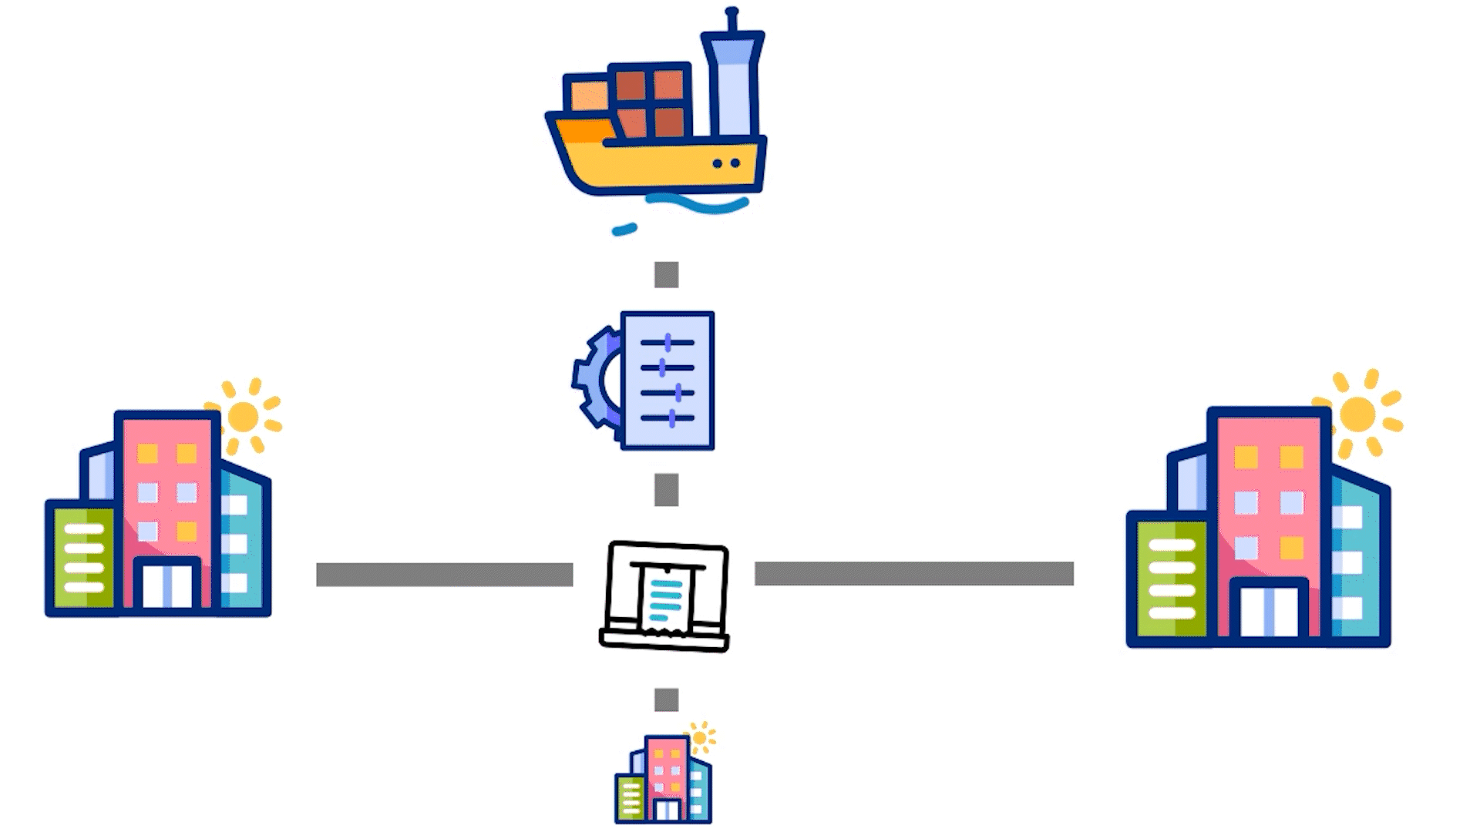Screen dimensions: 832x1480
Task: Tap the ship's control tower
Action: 732,85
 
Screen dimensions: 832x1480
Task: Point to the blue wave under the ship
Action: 698,204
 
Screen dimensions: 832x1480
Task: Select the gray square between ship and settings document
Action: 667,275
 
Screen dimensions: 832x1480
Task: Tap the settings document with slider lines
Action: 668,381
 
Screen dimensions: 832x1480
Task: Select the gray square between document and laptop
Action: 667,490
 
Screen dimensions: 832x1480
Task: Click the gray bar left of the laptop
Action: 445,575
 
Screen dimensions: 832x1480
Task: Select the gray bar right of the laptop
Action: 914,574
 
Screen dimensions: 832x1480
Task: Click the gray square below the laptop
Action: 667,700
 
